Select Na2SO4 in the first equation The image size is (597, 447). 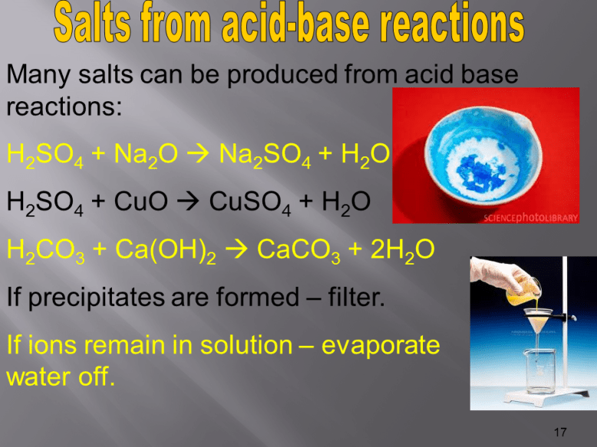coord(266,156)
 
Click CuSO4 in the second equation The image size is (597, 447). coord(246,202)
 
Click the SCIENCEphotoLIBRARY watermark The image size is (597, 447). coord(530,219)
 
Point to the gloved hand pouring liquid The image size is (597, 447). coord(500,277)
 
